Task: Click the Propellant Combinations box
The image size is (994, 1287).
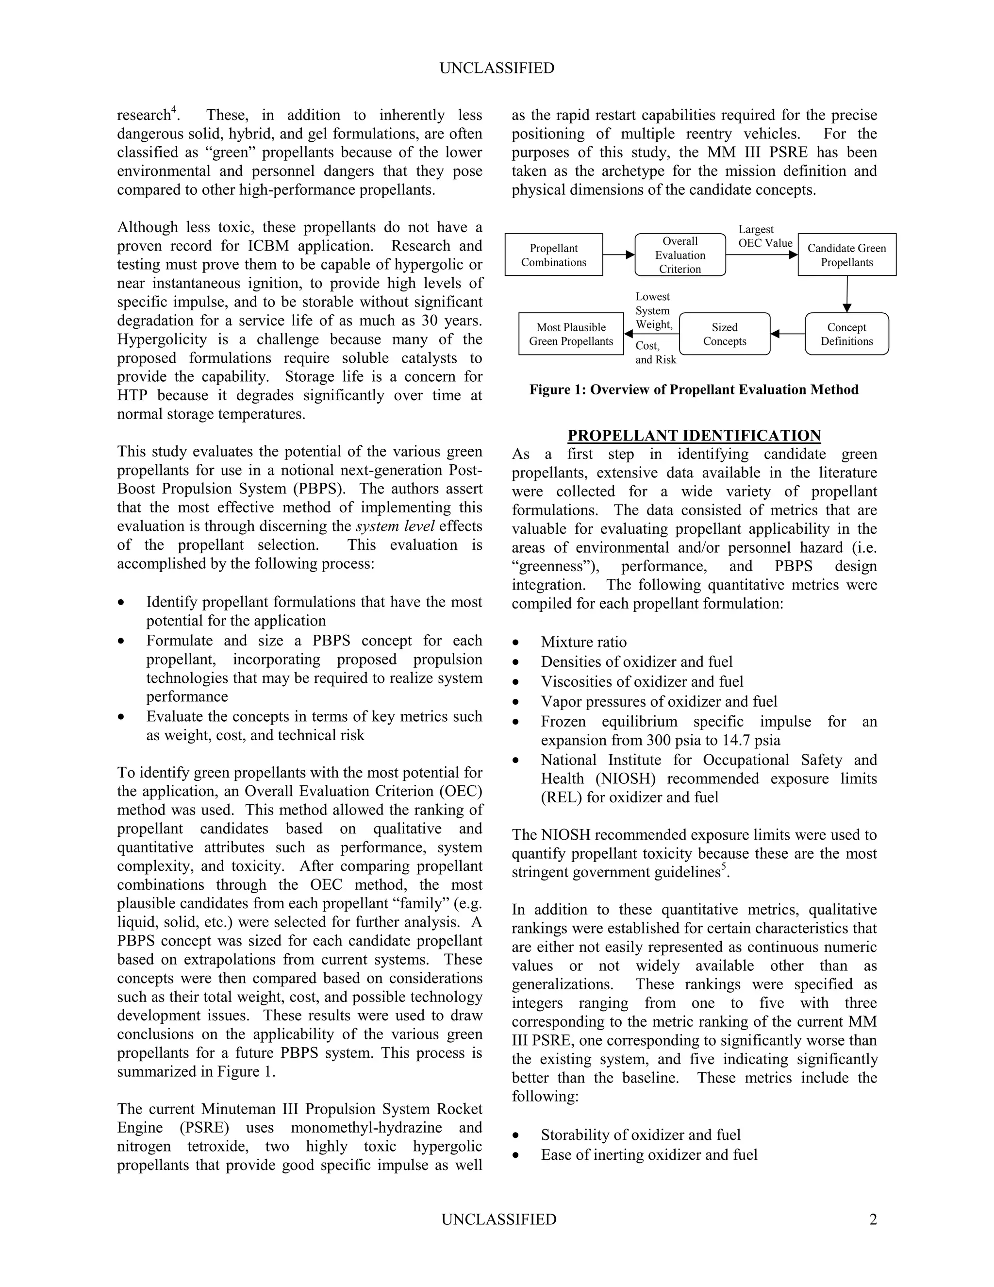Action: click(x=553, y=254)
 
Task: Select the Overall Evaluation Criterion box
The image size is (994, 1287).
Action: click(x=680, y=254)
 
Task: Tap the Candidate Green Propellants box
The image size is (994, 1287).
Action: click(x=847, y=254)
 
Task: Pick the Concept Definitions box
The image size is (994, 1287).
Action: click(x=847, y=334)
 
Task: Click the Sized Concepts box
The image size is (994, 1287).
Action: click(x=724, y=334)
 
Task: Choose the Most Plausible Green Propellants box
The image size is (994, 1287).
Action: click(x=571, y=334)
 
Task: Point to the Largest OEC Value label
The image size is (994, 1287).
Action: click(x=764, y=237)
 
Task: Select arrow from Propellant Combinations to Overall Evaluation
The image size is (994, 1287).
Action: click(x=618, y=254)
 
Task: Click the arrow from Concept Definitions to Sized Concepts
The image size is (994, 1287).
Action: click(x=787, y=334)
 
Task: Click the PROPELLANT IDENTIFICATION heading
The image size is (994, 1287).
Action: click(x=694, y=436)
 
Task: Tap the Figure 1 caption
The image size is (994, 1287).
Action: click(x=694, y=389)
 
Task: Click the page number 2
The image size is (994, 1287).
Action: click(x=873, y=1219)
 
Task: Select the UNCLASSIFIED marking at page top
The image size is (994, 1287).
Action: click(x=497, y=68)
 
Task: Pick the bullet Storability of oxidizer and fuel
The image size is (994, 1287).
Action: click(x=641, y=1135)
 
